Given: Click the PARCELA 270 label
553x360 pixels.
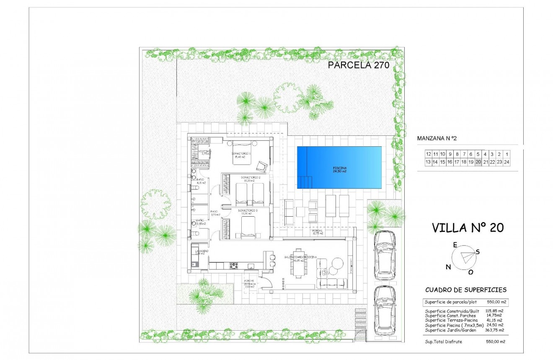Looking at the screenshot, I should coord(359,65).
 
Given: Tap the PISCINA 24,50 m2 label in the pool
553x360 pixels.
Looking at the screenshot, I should coord(340,170).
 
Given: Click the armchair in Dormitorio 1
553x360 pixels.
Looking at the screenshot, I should coord(262,166).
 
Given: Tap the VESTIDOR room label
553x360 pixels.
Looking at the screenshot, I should coord(205,152).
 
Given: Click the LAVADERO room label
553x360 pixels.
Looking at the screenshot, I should coord(201,252).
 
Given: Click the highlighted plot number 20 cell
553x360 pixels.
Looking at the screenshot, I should coord(478,162).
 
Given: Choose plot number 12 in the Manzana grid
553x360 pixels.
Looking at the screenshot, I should coord(428,154).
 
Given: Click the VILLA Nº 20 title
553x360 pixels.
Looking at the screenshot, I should coord(468,228).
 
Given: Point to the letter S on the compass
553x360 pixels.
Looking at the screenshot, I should coord(478,251).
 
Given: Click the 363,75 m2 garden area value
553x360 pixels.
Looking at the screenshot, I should coord(494,330).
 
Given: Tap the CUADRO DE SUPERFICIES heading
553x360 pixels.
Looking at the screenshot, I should coord(466,290).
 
